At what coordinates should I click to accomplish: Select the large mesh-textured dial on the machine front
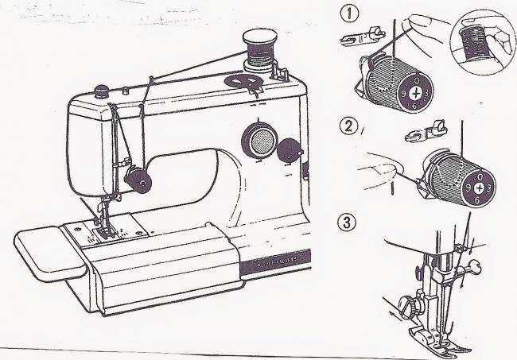coord(259,141)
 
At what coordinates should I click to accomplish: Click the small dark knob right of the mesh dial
coord(291,147)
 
